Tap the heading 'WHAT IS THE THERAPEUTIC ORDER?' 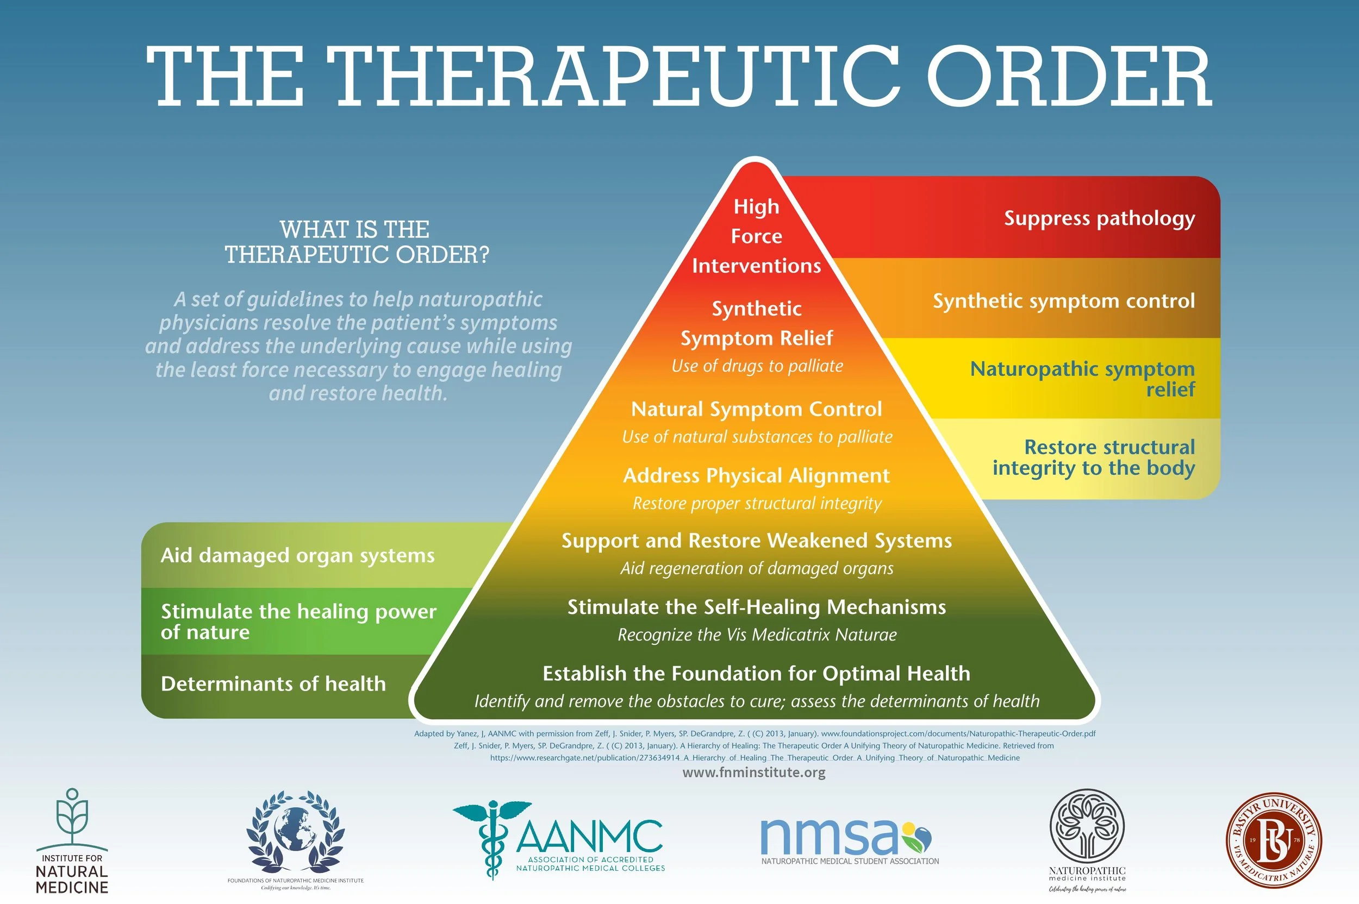356,242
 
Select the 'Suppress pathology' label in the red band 1099,218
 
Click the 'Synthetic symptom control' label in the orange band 1063,301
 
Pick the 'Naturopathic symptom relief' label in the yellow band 1082,379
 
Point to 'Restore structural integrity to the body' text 1093,458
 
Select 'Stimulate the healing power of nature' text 298,621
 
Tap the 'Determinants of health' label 273,684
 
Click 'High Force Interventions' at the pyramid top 756,236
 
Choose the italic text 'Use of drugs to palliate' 757,366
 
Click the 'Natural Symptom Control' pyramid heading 756,409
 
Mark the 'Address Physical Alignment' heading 756,476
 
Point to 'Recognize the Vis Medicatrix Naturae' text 757,635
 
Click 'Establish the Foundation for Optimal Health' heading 756,674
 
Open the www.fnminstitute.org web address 753,773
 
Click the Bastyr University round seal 1273,840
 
